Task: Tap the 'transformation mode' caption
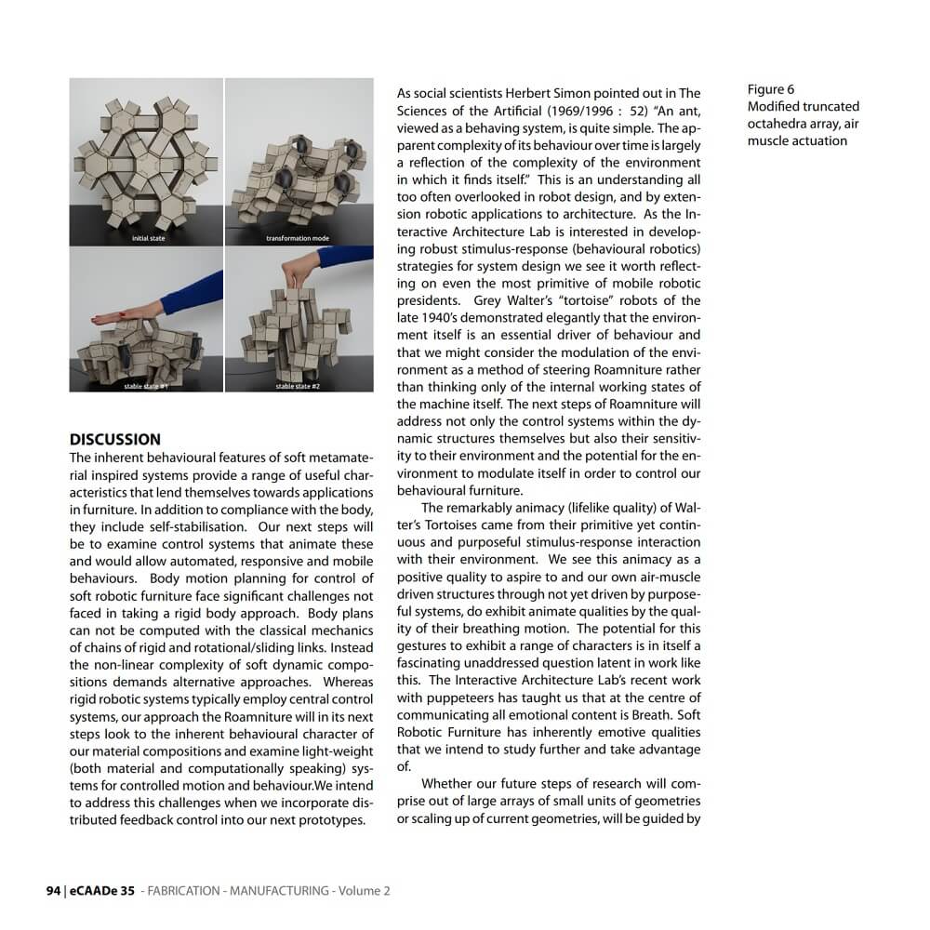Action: coord(297,239)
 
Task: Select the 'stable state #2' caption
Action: coord(298,386)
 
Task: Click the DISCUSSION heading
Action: coord(115,439)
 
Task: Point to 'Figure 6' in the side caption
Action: coord(771,89)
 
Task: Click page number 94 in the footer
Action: coord(53,890)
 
